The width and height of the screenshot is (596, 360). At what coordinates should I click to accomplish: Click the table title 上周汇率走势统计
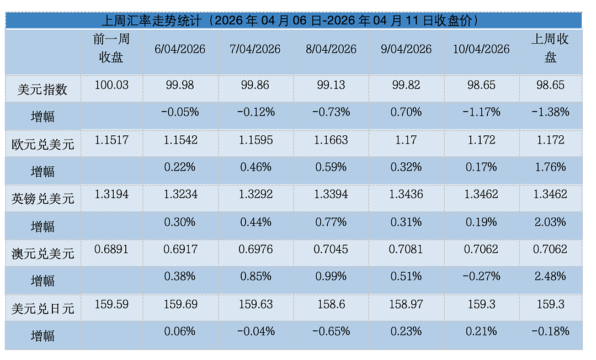pyautogui.click(x=151, y=20)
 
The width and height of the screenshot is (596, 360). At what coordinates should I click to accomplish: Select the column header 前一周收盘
pyautogui.click(x=111, y=48)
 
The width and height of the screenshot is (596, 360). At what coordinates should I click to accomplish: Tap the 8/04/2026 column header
pyautogui.click(x=331, y=49)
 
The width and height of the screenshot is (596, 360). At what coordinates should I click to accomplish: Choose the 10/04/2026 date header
pyautogui.click(x=481, y=49)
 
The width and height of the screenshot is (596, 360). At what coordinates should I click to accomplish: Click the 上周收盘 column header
pyautogui.click(x=550, y=48)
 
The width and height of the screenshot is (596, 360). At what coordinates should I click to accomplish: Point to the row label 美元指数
pyautogui.click(x=42, y=89)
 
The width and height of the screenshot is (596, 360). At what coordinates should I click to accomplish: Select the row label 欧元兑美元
pyautogui.click(x=42, y=145)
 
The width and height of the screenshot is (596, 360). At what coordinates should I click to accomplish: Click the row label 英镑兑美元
pyautogui.click(x=42, y=199)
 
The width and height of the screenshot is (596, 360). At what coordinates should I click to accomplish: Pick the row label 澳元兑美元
pyautogui.click(x=42, y=253)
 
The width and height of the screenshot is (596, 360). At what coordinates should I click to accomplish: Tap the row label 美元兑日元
pyautogui.click(x=42, y=309)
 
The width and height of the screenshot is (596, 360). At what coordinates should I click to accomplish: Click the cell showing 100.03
pyautogui.click(x=111, y=85)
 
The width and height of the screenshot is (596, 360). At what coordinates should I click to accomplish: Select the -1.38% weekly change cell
pyautogui.click(x=550, y=112)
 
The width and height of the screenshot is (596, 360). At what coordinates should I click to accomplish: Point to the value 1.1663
pyautogui.click(x=331, y=140)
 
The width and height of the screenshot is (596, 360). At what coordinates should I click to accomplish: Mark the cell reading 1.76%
pyautogui.click(x=550, y=167)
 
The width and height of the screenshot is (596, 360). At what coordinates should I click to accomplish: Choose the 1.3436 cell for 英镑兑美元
pyautogui.click(x=406, y=194)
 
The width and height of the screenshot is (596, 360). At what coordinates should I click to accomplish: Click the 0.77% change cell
pyautogui.click(x=331, y=222)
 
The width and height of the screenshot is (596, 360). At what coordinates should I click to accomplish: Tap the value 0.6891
pyautogui.click(x=111, y=250)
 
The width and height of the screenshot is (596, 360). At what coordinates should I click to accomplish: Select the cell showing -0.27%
pyautogui.click(x=481, y=277)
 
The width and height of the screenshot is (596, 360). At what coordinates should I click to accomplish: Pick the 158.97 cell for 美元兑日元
pyautogui.click(x=406, y=304)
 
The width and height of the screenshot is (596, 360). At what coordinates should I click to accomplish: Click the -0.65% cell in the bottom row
pyautogui.click(x=331, y=331)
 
